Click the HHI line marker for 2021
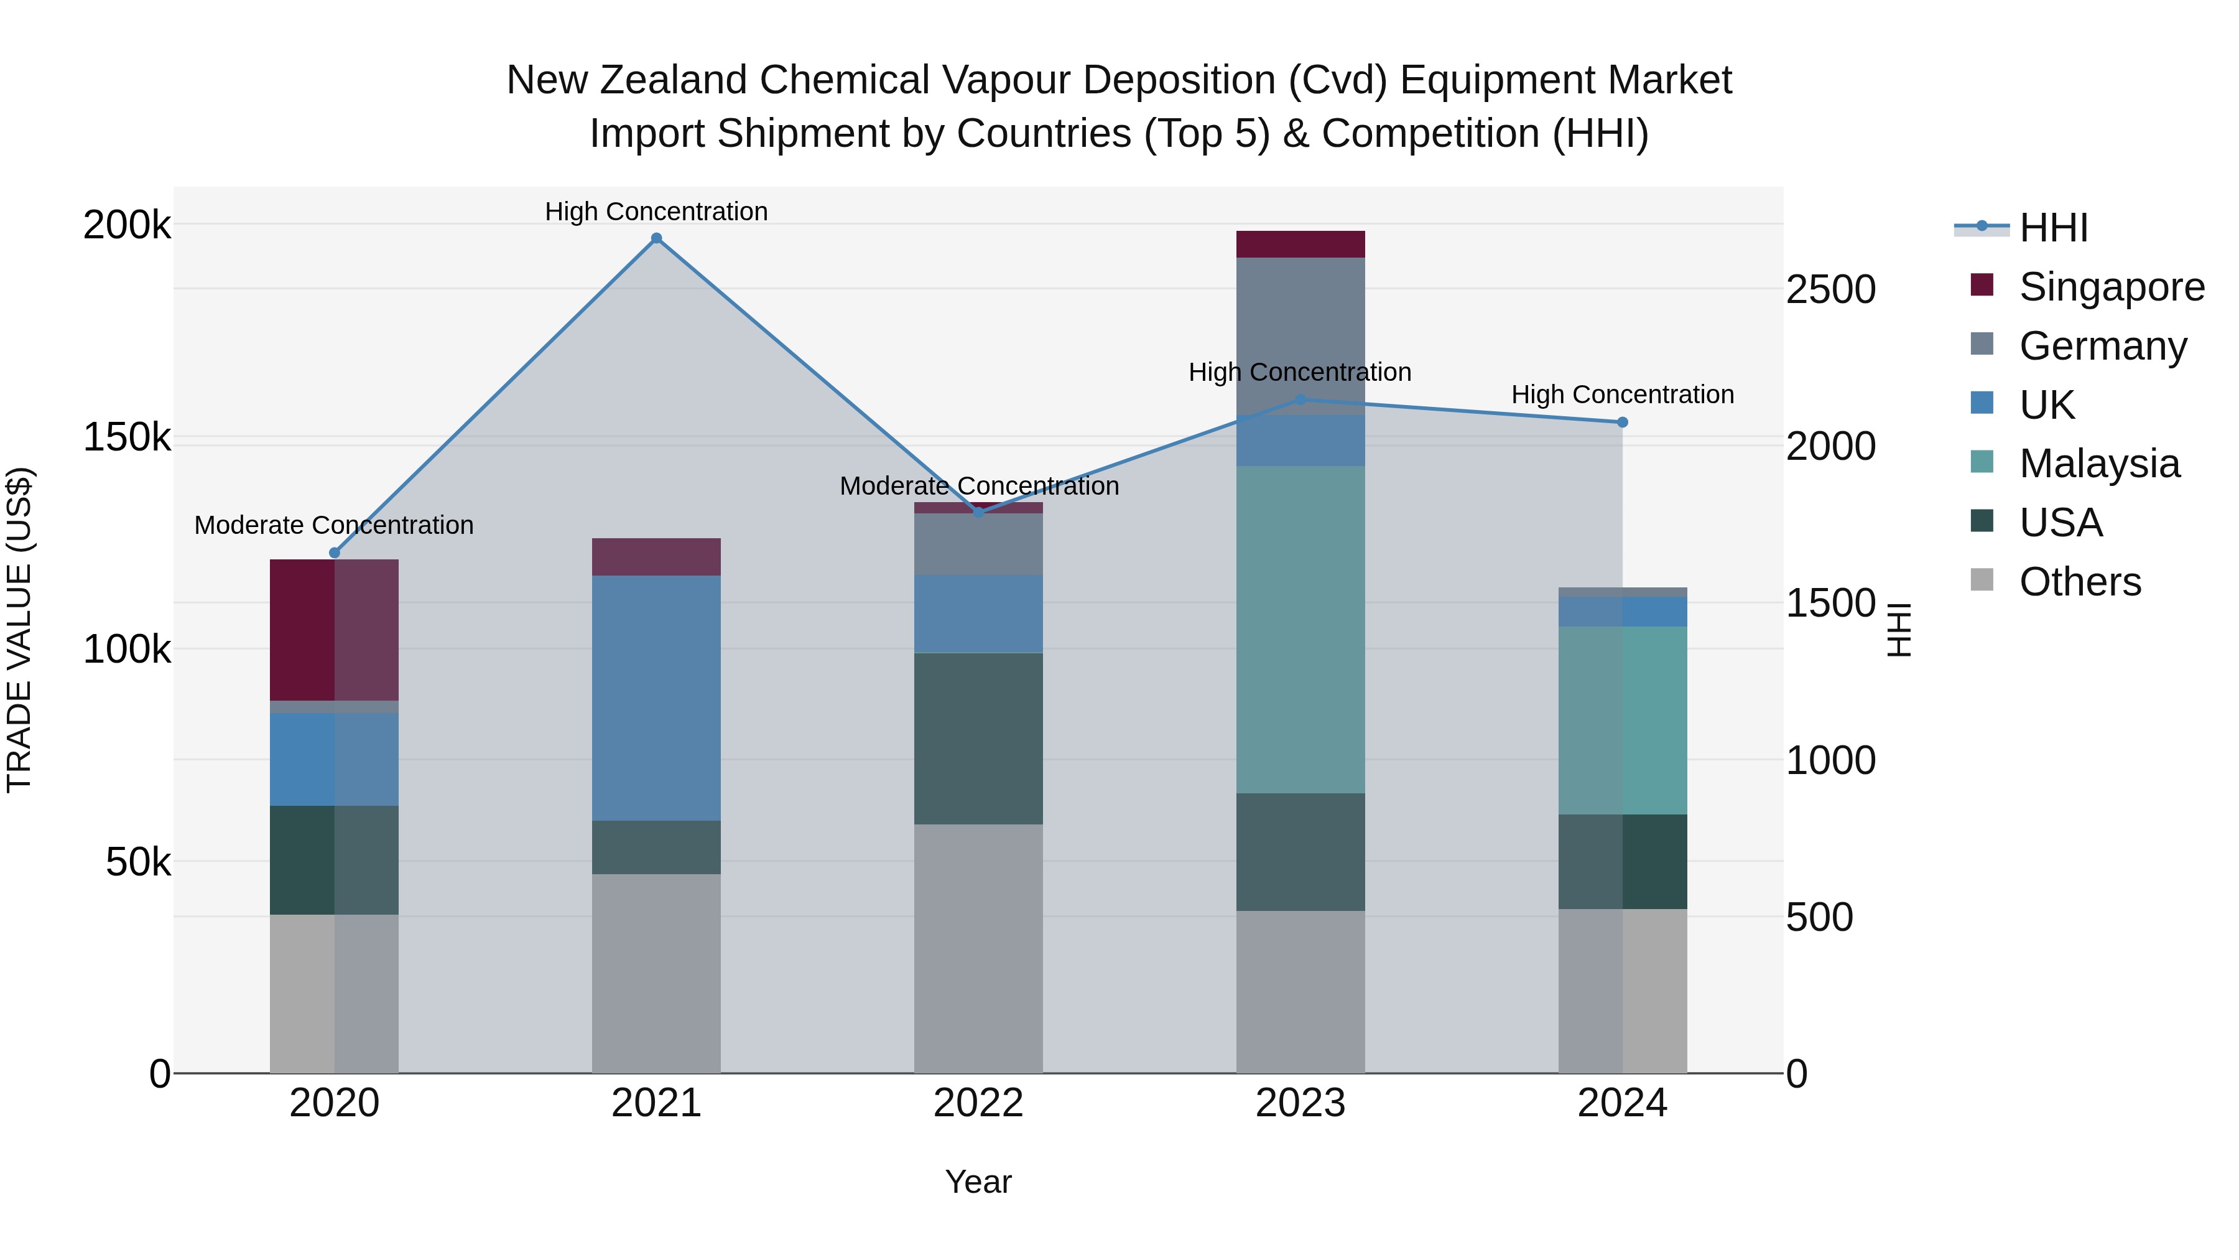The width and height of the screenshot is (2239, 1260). pyautogui.click(x=656, y=238)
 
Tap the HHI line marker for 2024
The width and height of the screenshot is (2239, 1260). pyautogui.click(x=1622, y=422)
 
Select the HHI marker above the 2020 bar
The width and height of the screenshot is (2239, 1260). pyautogui.click(x=335, y=553)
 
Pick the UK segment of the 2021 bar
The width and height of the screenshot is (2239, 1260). pyautogui.click(x=656, y=698)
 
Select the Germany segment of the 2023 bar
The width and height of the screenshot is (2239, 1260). pyautogui.click(x=1300, y=335)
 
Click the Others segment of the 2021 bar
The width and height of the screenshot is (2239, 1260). pyautogui.click(x=656, y=973)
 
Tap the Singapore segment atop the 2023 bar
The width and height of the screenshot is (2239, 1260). pyautogui.click(x=1300, y=245)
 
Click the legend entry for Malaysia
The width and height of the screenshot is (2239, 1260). pyautogui.click(x=2099, y=464)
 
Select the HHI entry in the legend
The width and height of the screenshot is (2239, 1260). pyautogui.click(x=2053, y=228)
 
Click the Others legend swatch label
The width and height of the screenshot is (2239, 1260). pyautogui.click(x=2080, y=582)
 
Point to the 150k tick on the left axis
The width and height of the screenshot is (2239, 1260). pyautogui.click(x=127, y=437)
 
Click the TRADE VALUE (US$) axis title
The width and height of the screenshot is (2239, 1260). pyautogui.click(x=19, y=630)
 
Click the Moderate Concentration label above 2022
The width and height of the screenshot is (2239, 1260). pyautogui.click(x=979, y=486)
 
